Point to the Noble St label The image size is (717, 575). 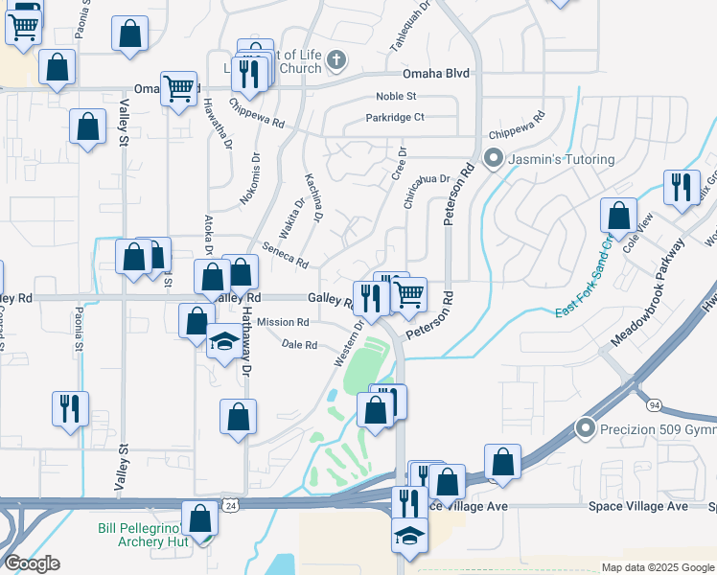coord(396,96)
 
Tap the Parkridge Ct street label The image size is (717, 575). coord(394,117)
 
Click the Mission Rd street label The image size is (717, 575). coord(282,323)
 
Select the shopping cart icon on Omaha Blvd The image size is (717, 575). coord(179,88)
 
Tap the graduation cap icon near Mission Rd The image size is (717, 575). coord(224,341)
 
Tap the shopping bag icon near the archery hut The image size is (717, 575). coord(200,520)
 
